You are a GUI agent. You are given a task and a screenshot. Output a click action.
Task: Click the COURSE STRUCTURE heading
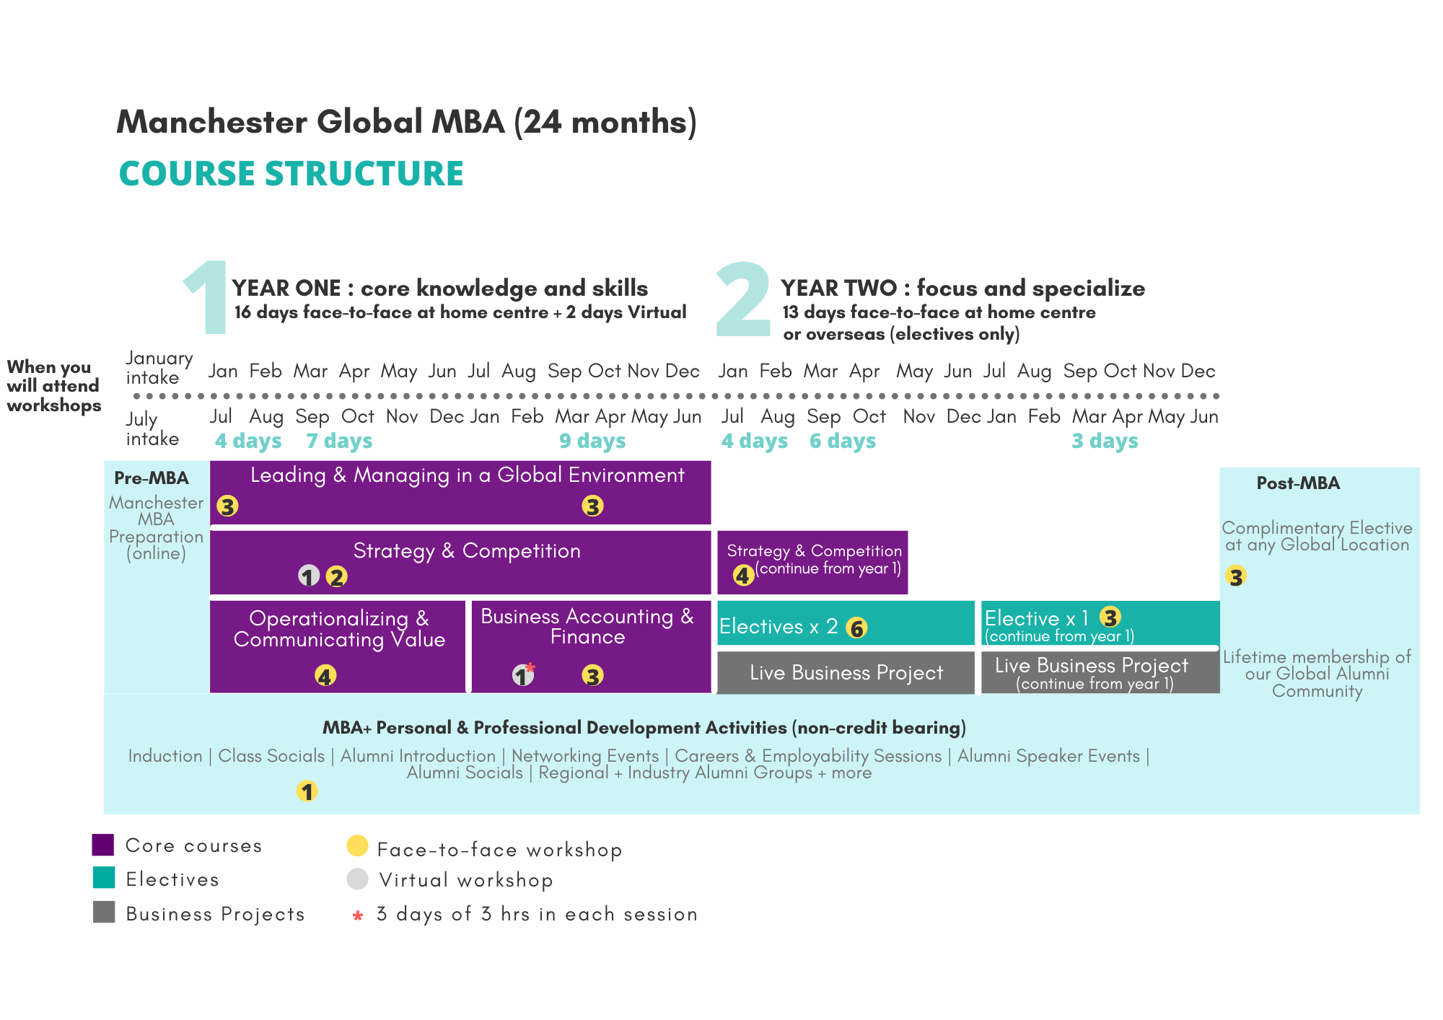pos(291,174)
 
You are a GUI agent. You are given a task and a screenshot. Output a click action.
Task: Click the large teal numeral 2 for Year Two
pos(743,299)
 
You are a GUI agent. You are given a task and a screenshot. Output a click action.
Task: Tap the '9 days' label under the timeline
pos(592,441)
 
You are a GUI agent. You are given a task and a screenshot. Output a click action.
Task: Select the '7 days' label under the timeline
pos(339,441)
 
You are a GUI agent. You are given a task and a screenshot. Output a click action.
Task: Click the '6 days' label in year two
pos(843,441)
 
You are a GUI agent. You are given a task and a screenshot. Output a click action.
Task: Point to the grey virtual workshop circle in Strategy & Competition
pos(309,576)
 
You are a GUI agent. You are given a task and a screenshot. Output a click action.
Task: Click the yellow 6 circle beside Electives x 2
pos(856,628)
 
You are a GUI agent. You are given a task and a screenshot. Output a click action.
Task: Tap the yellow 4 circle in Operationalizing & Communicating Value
pos(325,676)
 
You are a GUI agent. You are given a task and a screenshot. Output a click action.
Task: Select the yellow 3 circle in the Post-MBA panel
pos(1236,576)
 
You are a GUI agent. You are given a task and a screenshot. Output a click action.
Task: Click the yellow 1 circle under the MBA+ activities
pos(307,791)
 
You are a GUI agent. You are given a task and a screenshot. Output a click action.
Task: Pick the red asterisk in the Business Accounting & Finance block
pos(530,667)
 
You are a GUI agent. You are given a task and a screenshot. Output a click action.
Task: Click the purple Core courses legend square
pos(103,845)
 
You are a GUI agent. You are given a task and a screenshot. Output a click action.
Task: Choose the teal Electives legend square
pos(104,878)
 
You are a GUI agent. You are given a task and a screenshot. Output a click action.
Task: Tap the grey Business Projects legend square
pos(104,912)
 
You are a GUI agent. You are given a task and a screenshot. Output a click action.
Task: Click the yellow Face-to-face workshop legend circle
pos(357,845)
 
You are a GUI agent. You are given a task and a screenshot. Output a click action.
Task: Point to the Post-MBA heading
pos(1298,483)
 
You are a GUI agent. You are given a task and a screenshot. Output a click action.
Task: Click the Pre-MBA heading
pos(152,478)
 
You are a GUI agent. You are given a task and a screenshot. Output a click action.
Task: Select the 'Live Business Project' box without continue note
pos(846,672)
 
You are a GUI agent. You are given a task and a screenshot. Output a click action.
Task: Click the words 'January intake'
pos(159,368)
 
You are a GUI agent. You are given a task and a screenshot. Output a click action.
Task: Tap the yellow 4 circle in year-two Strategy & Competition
pos(743,575)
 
